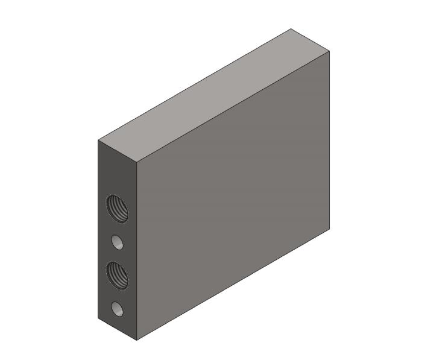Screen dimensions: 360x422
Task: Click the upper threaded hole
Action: (118, 209)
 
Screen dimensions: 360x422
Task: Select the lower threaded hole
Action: (118, 275)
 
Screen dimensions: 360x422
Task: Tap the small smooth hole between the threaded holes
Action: (118, 242)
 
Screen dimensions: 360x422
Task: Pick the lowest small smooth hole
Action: (118, 310)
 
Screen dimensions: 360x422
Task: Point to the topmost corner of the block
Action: (291, 28)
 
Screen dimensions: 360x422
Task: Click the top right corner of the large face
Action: (330, 51)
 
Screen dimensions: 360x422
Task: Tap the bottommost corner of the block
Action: (137, 340)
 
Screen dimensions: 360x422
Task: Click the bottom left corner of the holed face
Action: (98, 318)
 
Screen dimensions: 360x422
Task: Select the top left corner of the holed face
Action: (98, 141)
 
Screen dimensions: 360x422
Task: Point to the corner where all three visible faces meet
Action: (137, 163)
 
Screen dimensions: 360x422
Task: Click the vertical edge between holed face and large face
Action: (137, 253)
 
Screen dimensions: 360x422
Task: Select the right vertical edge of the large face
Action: (330, 139)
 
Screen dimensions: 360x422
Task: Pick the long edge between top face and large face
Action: (234, 107)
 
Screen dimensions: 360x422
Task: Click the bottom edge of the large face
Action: (234, 284)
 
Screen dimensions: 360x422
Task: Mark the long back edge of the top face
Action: (195, 84)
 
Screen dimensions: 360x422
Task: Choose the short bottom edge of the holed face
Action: (118, 329)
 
